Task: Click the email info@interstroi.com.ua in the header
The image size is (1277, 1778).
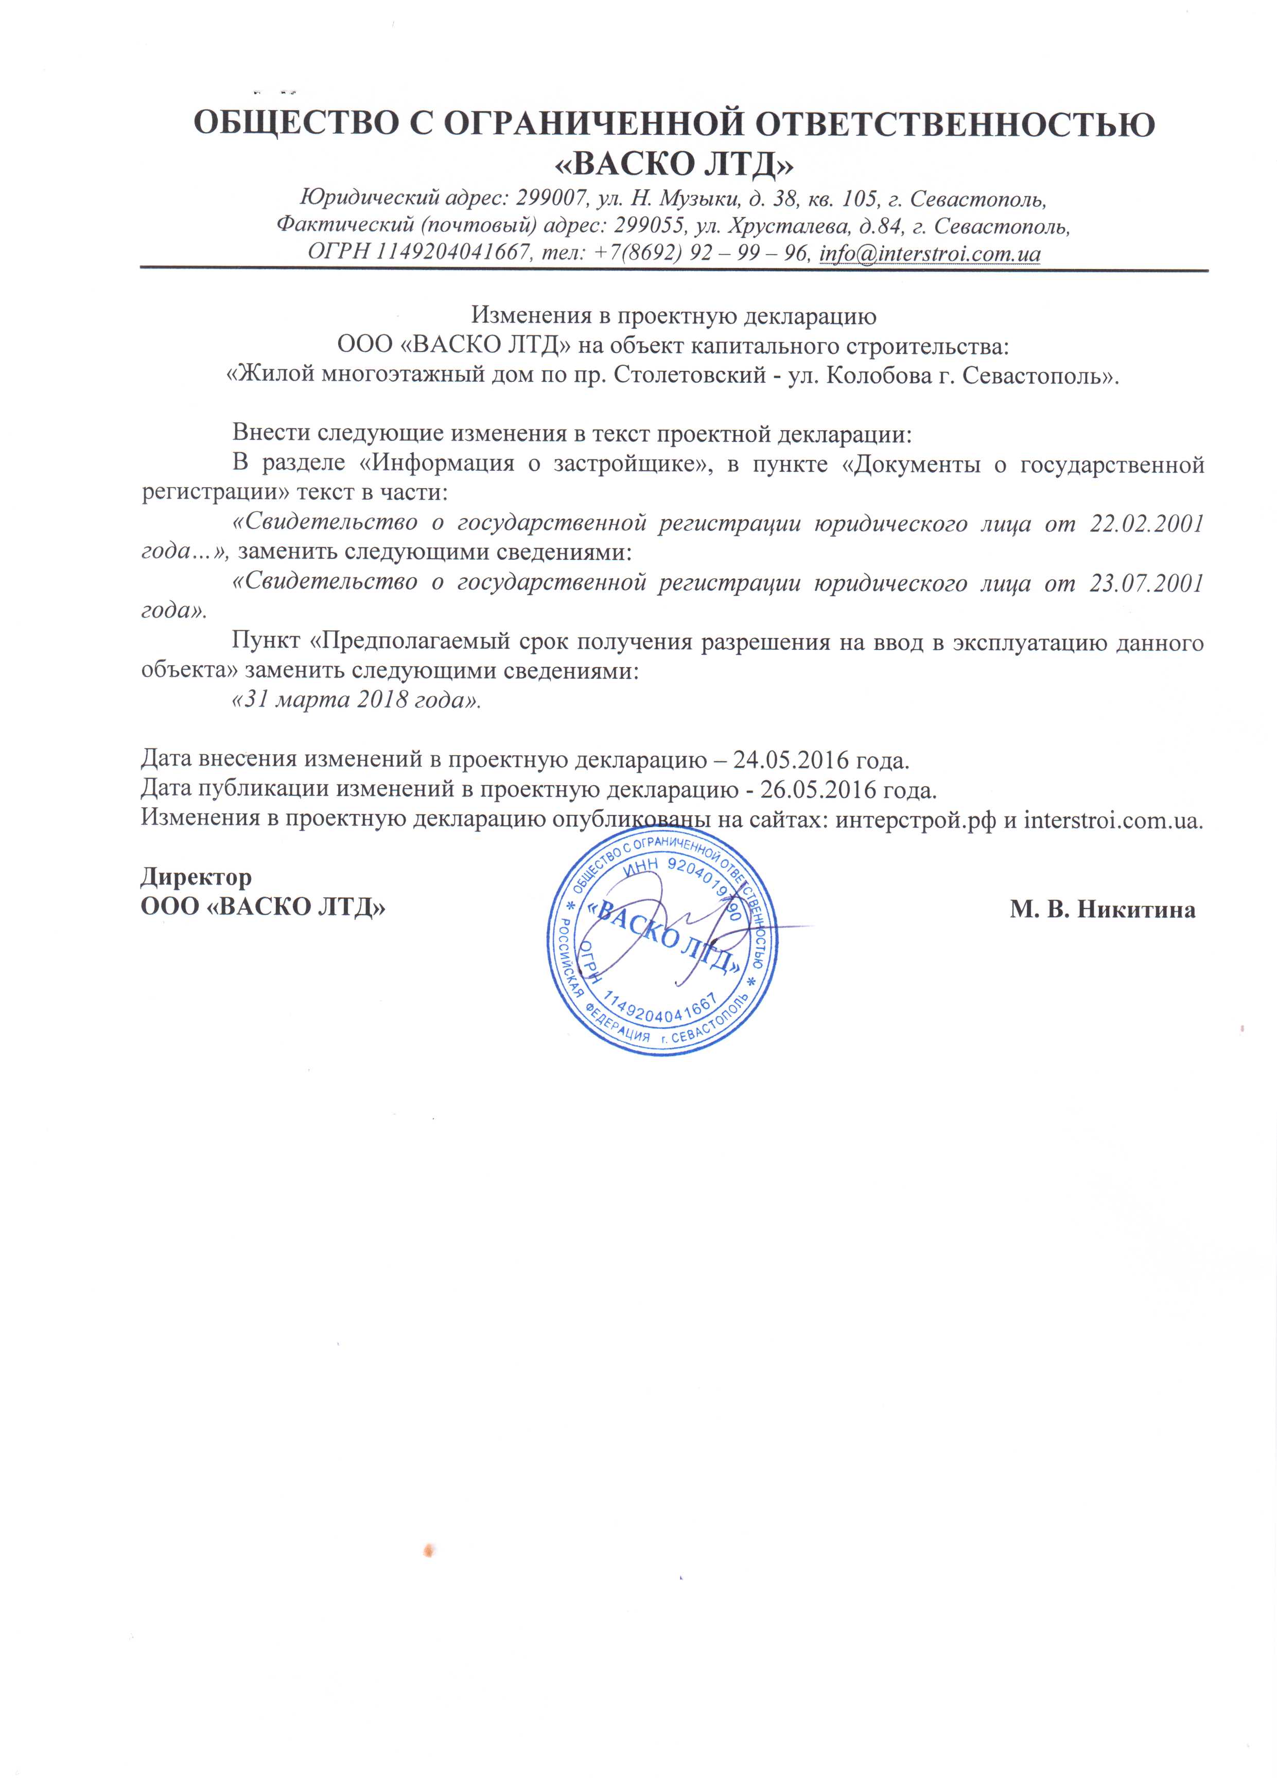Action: click(x=930, y=254)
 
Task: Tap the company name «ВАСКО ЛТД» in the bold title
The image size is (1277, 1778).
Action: click(x=674, y=163)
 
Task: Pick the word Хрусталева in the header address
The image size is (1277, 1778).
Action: click(x=788, y=226)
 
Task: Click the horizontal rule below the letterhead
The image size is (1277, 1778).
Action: click(x=674, y=271)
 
